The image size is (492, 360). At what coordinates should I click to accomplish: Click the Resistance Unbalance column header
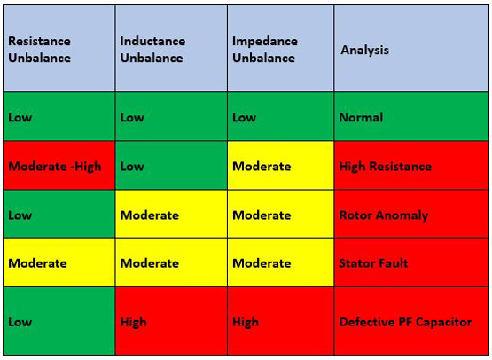point(59,49)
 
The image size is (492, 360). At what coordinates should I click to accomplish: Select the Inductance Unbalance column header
point(170,49)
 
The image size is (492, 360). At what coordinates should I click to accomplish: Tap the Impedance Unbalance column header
point(280,49)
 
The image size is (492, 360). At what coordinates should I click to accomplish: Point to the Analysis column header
point(411,49)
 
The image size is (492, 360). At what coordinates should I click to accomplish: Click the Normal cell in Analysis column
point(411,117)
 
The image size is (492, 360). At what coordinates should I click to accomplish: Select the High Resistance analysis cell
point(411,166)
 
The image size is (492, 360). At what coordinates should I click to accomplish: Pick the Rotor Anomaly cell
point(411,215)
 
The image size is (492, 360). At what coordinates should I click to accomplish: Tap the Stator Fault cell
point(411,263)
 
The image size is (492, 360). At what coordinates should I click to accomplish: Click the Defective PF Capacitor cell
point(411,322)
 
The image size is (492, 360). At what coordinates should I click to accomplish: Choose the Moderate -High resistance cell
point(59,166)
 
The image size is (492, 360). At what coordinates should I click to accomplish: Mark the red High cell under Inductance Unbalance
point(170,322)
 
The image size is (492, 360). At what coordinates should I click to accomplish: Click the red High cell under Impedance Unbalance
point(280,322)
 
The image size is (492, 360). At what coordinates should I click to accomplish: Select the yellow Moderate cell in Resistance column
point(59,263)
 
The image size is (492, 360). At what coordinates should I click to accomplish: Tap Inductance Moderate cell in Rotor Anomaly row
point(170,215)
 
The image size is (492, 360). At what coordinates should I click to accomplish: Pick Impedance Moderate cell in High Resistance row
point(280,166)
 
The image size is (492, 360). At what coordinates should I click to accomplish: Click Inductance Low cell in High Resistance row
point(170,166)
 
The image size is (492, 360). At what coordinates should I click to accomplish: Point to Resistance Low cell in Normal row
point(59,117)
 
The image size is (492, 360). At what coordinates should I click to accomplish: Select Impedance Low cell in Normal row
point(280,117)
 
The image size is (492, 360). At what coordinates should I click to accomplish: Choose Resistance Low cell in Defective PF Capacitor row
point(59,322)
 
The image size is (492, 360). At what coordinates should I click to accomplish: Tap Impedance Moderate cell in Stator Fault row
point(280,263)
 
